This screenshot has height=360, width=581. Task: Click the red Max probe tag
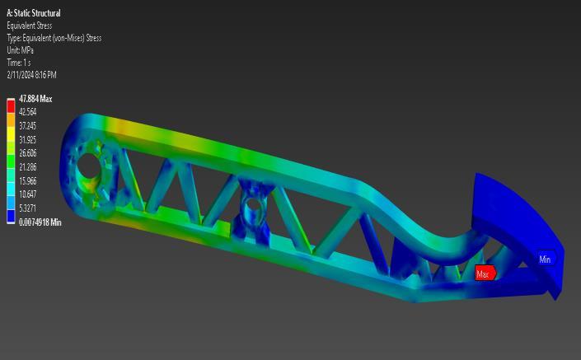click(485, 274)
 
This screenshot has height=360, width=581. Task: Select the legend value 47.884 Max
click(35, 99)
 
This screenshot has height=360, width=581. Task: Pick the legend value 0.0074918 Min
click(40, 222)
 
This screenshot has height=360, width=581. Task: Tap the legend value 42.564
click(28, 112)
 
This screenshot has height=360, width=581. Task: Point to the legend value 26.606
click(28, 153)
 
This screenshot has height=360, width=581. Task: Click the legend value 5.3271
click(28, 208)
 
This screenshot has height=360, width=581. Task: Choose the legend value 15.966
click(28, 180)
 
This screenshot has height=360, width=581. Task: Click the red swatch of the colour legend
click(11, 106)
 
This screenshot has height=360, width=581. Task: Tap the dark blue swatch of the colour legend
click(11, 217)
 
